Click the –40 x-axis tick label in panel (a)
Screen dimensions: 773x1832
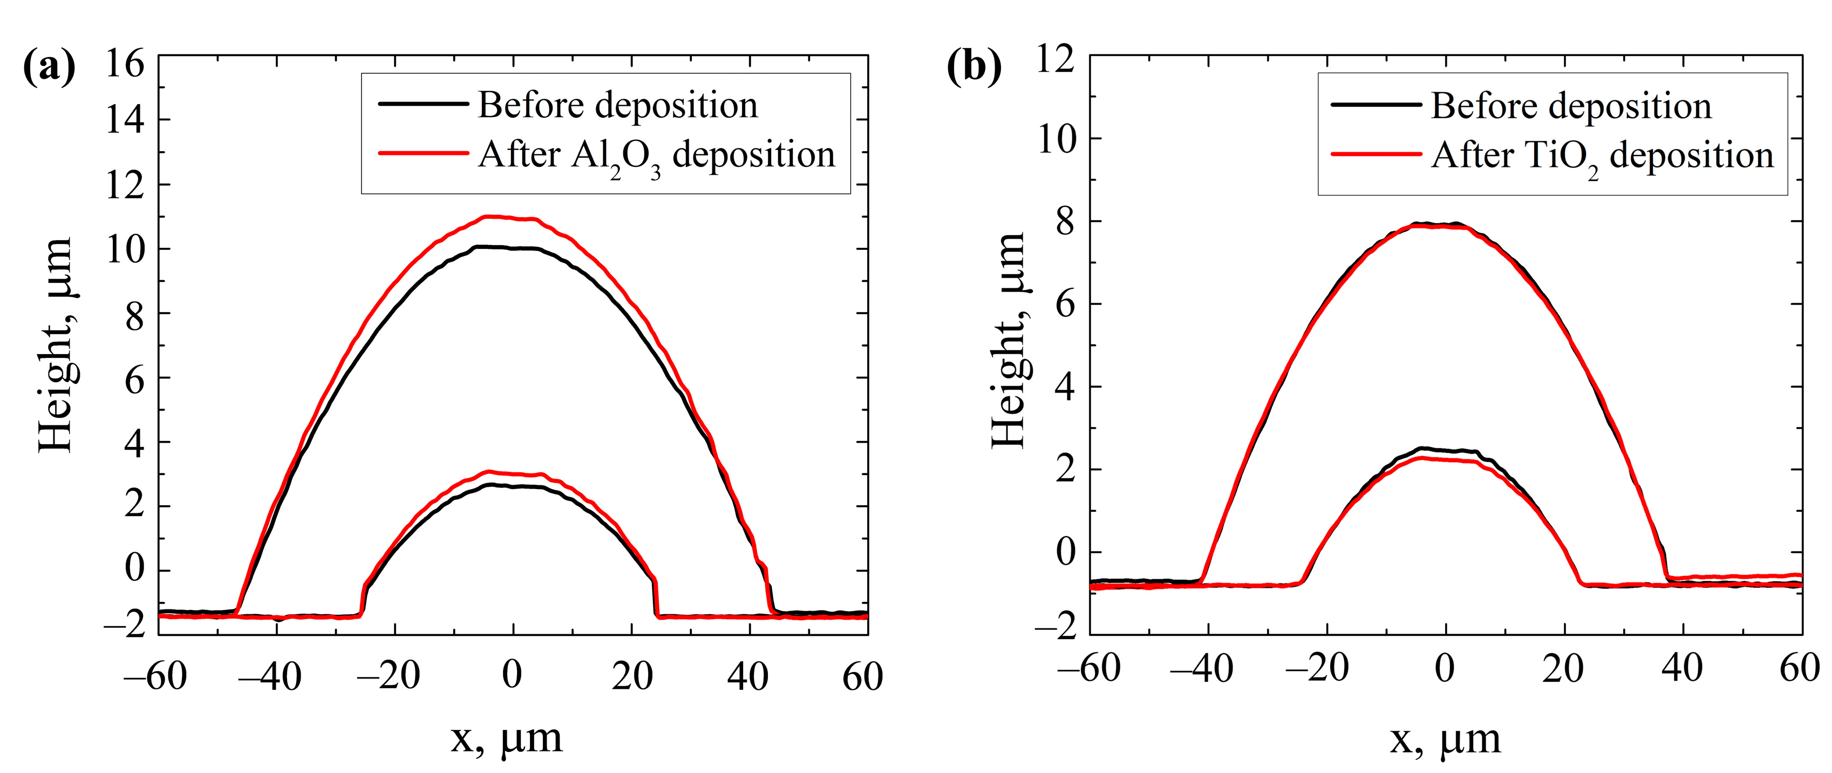[x=269, y=676]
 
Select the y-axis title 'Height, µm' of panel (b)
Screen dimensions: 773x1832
[x=1009, y=340]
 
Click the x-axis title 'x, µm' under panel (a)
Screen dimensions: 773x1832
[x=506, y=738]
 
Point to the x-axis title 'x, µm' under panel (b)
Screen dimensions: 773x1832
[x=1445, y=738]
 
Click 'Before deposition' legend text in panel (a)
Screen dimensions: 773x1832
[x=617, y=105]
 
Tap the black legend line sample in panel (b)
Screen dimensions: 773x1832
[x=1375, y=105]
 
